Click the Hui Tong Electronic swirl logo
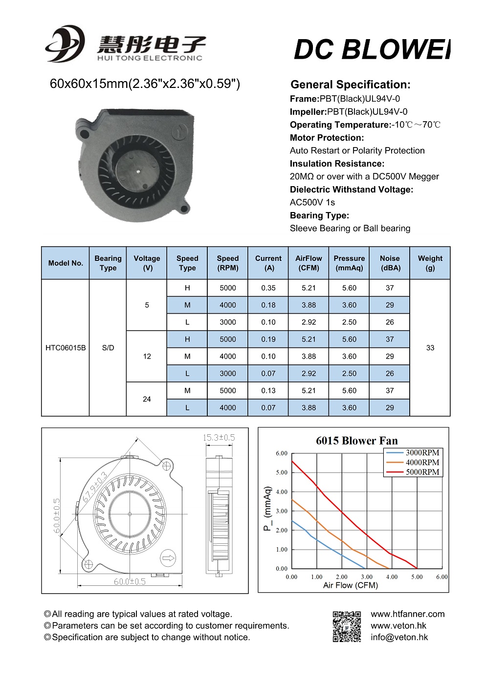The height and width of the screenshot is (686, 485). click(x=65, y=44)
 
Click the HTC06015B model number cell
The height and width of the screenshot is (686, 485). click(x=66, y=348)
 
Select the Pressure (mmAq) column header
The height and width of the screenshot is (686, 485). click(x=349, y=263)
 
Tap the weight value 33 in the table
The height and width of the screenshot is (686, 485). click(x=430, y=348)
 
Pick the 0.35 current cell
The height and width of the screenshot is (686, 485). click(x=268, y=288)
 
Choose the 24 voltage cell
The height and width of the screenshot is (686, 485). click(x=147, y=399)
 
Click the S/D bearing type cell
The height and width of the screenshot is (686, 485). click(x=108, y=348)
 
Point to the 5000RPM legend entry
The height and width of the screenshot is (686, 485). click(x=422, y=472)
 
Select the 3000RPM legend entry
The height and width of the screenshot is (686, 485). click(x=422, y=452)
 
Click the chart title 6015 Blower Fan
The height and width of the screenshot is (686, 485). click(x=356, y=441)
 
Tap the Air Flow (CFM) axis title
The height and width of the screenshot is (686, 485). click(x=350, y=585)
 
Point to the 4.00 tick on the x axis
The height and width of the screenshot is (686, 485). click(x=392, y=577)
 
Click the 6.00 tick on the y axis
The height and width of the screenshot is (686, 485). click(x=282, y=453)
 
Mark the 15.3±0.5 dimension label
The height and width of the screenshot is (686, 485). click(x=219, y=437)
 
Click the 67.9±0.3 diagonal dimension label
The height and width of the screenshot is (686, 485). click(x=94, y=487)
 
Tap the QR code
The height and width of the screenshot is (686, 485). click(x=347, y=626)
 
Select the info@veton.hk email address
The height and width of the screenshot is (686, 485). click(x=399, y=637)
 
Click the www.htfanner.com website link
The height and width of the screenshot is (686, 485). click(x=407, y=614)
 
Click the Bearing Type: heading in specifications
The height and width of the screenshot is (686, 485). click(x=319, y=215)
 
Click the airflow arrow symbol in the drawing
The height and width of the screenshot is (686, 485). click(x=168, y=558)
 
